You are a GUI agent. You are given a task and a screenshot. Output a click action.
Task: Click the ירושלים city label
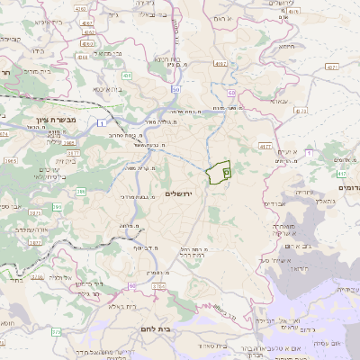179,193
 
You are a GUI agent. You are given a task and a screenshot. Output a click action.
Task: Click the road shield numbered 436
127,76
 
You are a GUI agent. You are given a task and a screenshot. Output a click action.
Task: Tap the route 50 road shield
176,89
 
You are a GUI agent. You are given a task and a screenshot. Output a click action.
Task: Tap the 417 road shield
340,173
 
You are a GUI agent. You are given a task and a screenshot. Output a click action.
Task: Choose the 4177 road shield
265,145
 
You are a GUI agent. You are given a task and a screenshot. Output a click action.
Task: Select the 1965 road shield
11,162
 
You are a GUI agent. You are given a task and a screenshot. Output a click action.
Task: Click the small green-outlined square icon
226,167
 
